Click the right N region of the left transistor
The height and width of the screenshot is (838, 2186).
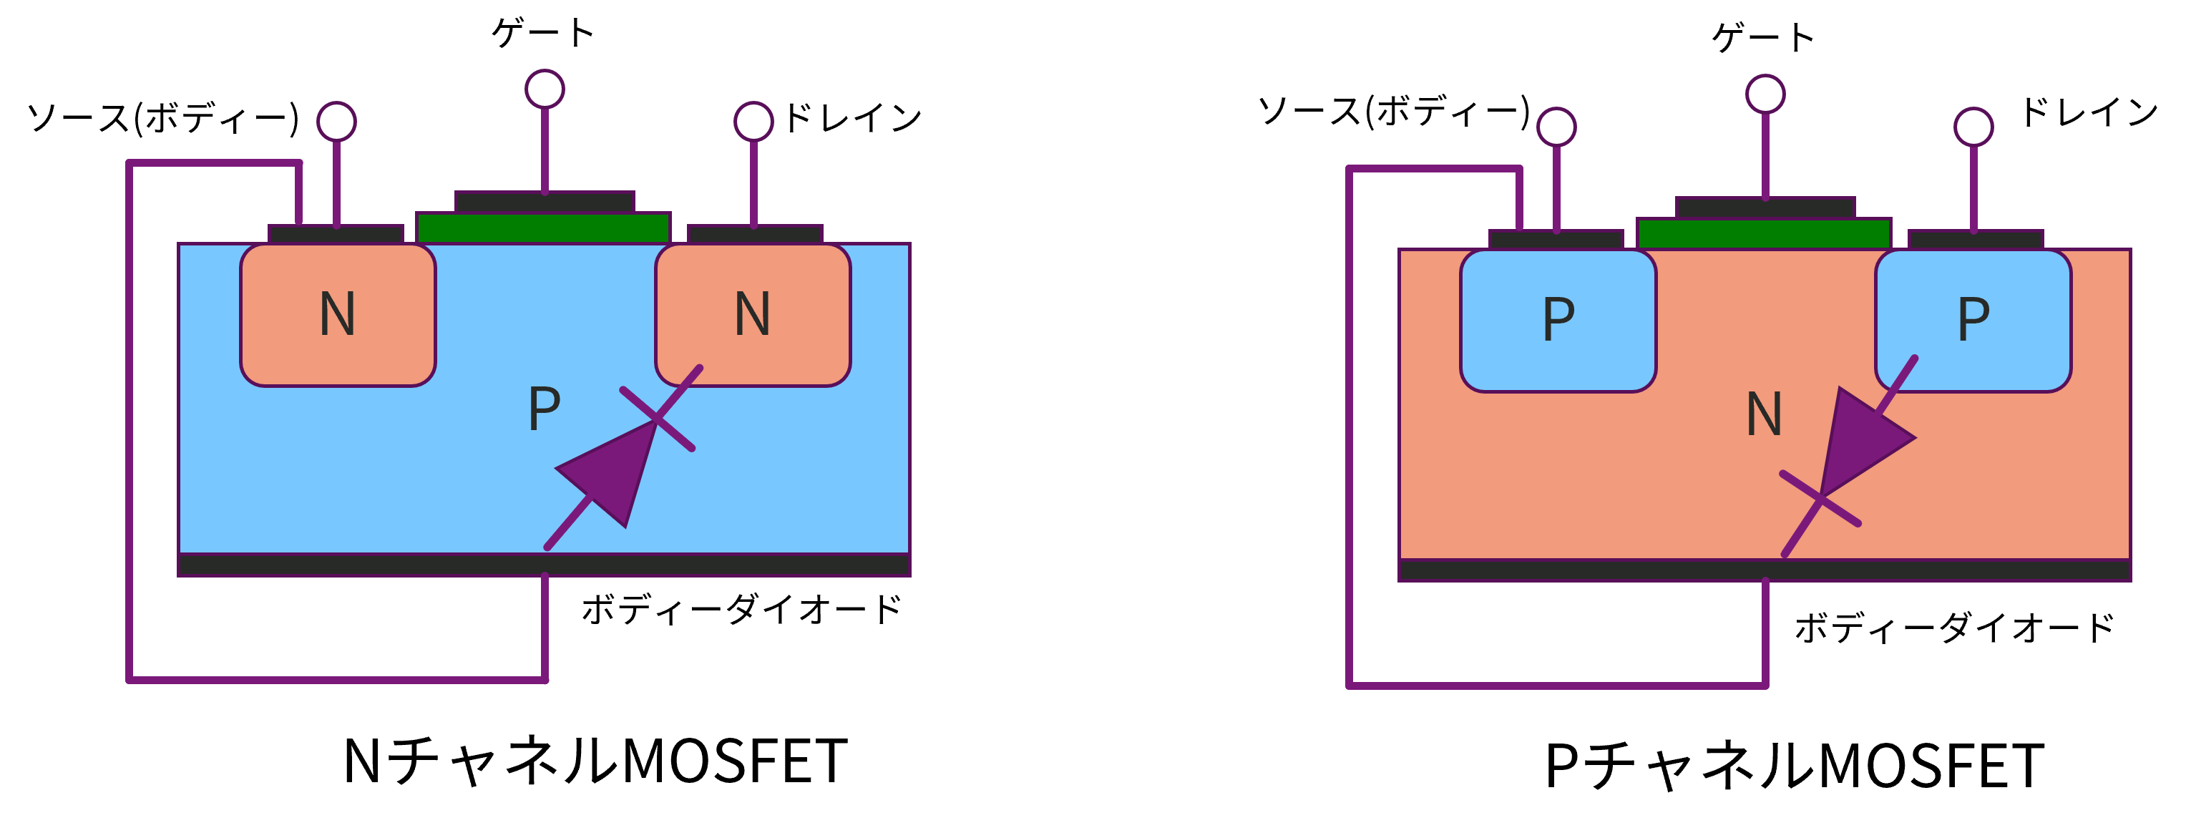click(x=753, y=315)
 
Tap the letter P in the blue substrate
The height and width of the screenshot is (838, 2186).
click(x=544, y=409)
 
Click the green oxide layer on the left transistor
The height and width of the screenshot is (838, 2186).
click(x=543, y=228)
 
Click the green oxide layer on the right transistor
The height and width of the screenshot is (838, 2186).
click(x=1763, y=233)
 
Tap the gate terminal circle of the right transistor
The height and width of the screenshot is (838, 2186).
click(x=1765, y=94)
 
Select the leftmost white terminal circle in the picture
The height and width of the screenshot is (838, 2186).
click(x=337, y=122)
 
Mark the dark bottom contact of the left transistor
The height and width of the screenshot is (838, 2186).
click(x=544, y=565)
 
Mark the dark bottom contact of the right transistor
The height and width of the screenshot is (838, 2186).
click(x=1765, y=570)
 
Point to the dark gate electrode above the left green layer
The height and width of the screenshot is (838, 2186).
click(x=545, y=202)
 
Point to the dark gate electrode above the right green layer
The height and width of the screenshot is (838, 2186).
click(x=1765, y=208)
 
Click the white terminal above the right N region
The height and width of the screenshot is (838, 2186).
click(x=753, y=122)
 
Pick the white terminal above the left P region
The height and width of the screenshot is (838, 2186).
click(x=1556, y=127)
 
